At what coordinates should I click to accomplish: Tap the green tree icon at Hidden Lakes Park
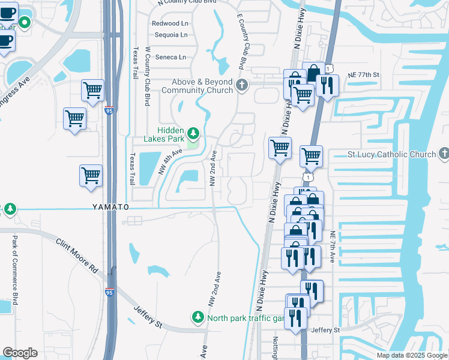tap(193, 132)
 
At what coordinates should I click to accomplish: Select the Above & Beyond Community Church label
tap(197, 86)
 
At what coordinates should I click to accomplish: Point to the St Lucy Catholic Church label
tap(392, 154)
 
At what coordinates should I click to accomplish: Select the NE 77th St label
tap(364, 74)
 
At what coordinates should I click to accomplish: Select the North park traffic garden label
tap(245, 317)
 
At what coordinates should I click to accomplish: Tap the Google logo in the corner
tap(20, 353)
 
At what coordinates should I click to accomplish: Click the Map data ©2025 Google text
tap(411, 355)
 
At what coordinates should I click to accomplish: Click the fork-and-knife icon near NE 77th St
tap(327, 85)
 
